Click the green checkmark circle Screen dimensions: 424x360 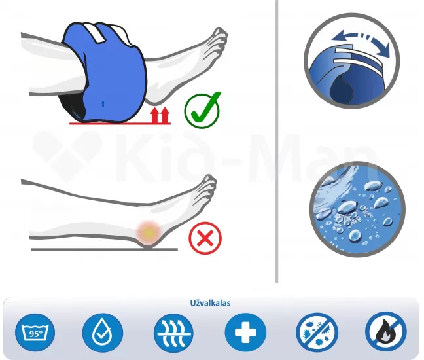click(x=202, y=111)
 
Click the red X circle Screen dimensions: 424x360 click(x=205, y=238)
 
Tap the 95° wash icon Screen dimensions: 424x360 click(x=35, y=333)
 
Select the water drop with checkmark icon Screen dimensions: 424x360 click(x=103, y=333)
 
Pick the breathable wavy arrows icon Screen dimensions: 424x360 click(x=173, y=333)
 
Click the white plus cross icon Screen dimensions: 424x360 click(x=245, y=333)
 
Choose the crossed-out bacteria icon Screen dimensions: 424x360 click(x=317, y=333)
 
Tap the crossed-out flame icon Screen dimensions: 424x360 click(x=386, y=333)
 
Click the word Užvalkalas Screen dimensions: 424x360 click(x=210, y=303)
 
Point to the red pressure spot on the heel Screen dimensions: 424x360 click(x=149, y=232)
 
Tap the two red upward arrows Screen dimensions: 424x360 click(x=160, y=115)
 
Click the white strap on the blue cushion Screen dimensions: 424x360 click(x=95, y=33)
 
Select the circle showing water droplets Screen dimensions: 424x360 click(x=357, y=209)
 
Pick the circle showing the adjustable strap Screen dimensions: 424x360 click(x=351, y=61)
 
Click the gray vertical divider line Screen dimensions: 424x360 click(x=277, y=141)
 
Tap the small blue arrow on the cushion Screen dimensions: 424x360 click(x=103, y=103)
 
